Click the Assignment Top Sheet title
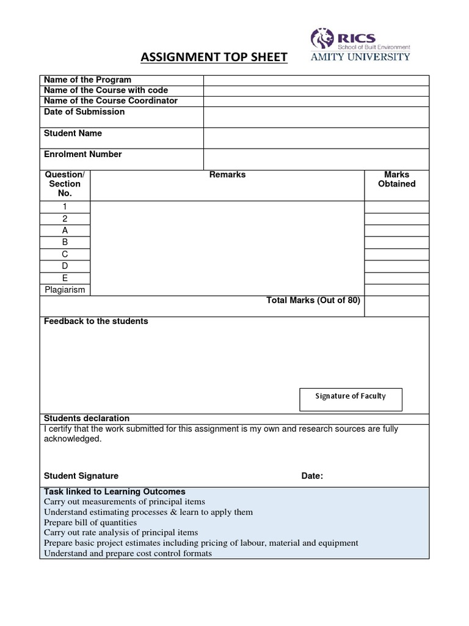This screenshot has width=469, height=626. pyautogui.click(x=214, y=57)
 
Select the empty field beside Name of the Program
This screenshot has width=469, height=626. pyautogui.click(x=316, y=80)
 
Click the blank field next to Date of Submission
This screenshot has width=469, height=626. pyautogui.click(x=316, y=117)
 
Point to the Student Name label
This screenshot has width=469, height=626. pyautogui.click(x=73, y=133)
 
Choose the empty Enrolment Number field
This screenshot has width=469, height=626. pyautogui.click(x=316, y=159)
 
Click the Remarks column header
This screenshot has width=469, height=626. pyautogui.click(x=227, y=175)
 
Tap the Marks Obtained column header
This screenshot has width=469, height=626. pyautogui.click(x=396, y=179)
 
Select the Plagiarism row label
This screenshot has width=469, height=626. pyautogui.click(x=65, y=290)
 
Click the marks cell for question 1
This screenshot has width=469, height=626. pyautogui.click(x=396, y=207)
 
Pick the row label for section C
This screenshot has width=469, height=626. pyautogui.click(x=65, y=254)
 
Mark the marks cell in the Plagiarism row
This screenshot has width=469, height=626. pyautogui.click(x=396, y=290)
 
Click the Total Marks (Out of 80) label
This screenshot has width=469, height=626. pyautogui.click(x=313, y=300)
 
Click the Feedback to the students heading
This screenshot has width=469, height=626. pyautogui.click(x=96, y=322)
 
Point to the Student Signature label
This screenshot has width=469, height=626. pyautogui.click(x=81, y=476)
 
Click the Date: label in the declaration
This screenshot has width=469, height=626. pyautogui.click(x=312, y=476)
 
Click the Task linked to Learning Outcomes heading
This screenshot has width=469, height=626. pyautogui.click(x=114, y=492)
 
